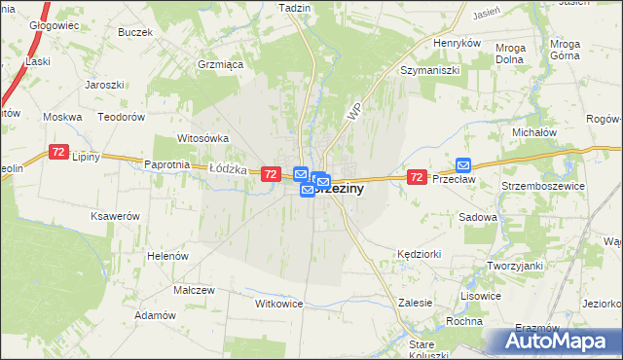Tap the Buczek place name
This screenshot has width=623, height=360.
(135, 32)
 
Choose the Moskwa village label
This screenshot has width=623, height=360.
(63, 117)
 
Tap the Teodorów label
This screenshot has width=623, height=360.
(124, 117)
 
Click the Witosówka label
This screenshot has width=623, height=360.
(202, 138)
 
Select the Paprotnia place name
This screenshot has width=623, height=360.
(165, 164)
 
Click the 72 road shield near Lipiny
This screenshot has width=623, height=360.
(59, 153)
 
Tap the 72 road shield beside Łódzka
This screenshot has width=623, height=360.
(271, 173)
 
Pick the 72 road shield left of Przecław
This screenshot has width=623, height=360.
(417, 176)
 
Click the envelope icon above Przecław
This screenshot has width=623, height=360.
(463, 165)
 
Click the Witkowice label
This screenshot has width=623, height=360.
(279, 304)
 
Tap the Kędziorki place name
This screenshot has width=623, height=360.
(421, 253)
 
